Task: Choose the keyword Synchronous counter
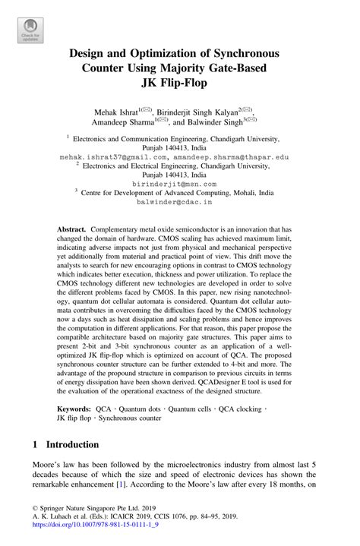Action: (x=130, y=418)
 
